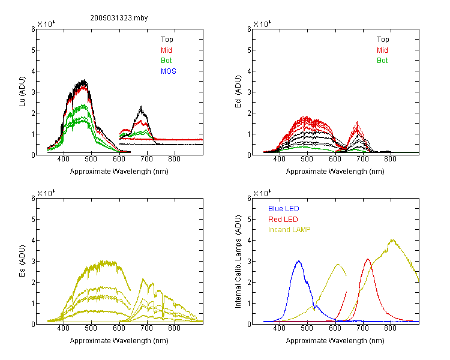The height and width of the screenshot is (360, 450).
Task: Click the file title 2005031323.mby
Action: tap(119, 18)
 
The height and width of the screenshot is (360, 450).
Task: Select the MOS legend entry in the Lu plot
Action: tap(169, 71)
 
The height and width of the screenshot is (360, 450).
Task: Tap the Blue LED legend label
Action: tap(284, 209)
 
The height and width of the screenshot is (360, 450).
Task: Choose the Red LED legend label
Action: tap(283, 220)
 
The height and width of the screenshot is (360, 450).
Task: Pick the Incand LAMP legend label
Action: tap(289, 230)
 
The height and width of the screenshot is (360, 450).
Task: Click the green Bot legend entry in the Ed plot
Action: tap(382, 61)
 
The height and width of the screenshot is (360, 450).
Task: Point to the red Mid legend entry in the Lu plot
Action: tap(166, 50)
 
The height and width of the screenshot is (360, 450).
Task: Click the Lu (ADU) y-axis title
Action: tap(22, 92)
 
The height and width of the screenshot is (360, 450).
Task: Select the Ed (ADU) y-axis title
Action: tap(238, 92)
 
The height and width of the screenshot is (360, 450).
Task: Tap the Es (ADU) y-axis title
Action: tap(22, 261)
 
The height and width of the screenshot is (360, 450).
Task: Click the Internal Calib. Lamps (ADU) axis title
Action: tap(238, 262)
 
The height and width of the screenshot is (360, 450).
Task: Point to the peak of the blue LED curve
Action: tap(299, 261)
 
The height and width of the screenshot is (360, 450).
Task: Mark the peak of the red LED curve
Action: tap(368, 259)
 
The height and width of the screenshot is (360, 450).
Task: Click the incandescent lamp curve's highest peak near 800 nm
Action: tap(392, 239)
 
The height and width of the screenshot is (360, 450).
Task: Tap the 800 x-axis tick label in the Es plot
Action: tap(174, 328)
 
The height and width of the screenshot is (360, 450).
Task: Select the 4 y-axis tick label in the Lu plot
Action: tap(33, 71)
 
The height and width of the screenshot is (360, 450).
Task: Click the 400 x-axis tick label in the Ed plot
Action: tap(279, 159)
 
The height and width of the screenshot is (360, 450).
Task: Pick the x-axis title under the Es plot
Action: tap(119, 341)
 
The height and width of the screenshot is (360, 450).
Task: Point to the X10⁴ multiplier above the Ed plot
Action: tap(262, 24)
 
